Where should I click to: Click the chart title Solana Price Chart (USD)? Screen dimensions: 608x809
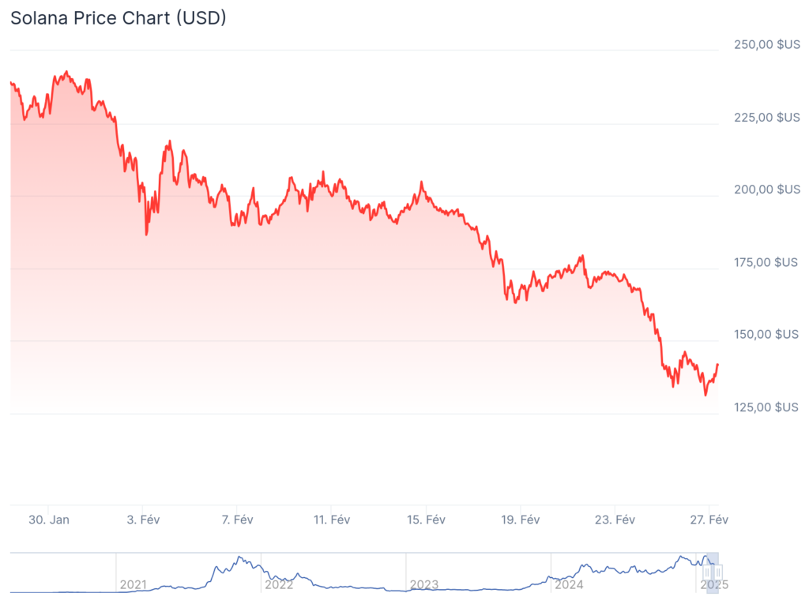[118, 17]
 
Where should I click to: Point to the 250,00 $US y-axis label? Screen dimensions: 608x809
[767, 45]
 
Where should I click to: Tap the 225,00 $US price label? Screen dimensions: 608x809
[767, 118]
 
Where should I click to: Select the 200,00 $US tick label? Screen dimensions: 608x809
[767, 190]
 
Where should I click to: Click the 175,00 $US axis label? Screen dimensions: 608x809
[767, 262]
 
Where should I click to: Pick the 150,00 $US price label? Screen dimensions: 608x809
[767, 334]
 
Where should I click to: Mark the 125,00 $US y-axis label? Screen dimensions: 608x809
[767, 407]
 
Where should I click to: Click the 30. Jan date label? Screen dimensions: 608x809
[49, 520]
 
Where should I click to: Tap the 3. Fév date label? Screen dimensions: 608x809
[144, 520]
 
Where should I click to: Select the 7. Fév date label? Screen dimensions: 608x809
[237, 520]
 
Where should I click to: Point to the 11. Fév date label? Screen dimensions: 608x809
[332, 520]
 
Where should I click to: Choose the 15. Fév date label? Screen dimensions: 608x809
[426, 520]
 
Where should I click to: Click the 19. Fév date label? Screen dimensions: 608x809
[521, 520]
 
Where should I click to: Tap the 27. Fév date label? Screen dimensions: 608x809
[709, 520]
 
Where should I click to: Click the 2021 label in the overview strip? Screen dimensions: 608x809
[134, 585]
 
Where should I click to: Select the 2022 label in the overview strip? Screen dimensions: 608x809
[279, 585]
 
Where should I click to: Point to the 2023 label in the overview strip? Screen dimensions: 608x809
[424, 585]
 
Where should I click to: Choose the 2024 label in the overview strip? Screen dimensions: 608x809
[569, 585]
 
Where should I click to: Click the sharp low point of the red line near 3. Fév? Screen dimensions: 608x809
[146, 234]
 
